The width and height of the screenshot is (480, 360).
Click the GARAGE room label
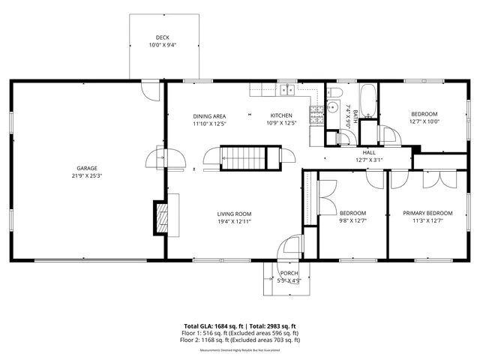[x=86, y=168]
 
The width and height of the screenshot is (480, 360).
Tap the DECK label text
[x=163, y=37]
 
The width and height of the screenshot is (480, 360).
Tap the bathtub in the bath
[x=368, y=100]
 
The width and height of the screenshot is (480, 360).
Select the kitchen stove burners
[x=317, y=115]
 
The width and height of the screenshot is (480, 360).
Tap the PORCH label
[x=289, y=273]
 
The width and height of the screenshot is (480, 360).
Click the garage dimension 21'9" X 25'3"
[x=86, y=175]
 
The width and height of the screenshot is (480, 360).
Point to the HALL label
[x=369, y=152]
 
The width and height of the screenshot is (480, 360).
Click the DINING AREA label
[x=209, y=116]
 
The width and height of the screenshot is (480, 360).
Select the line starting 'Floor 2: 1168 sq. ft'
[x=240, y=340]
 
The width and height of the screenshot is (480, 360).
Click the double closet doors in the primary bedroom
[x=438, y=180]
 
